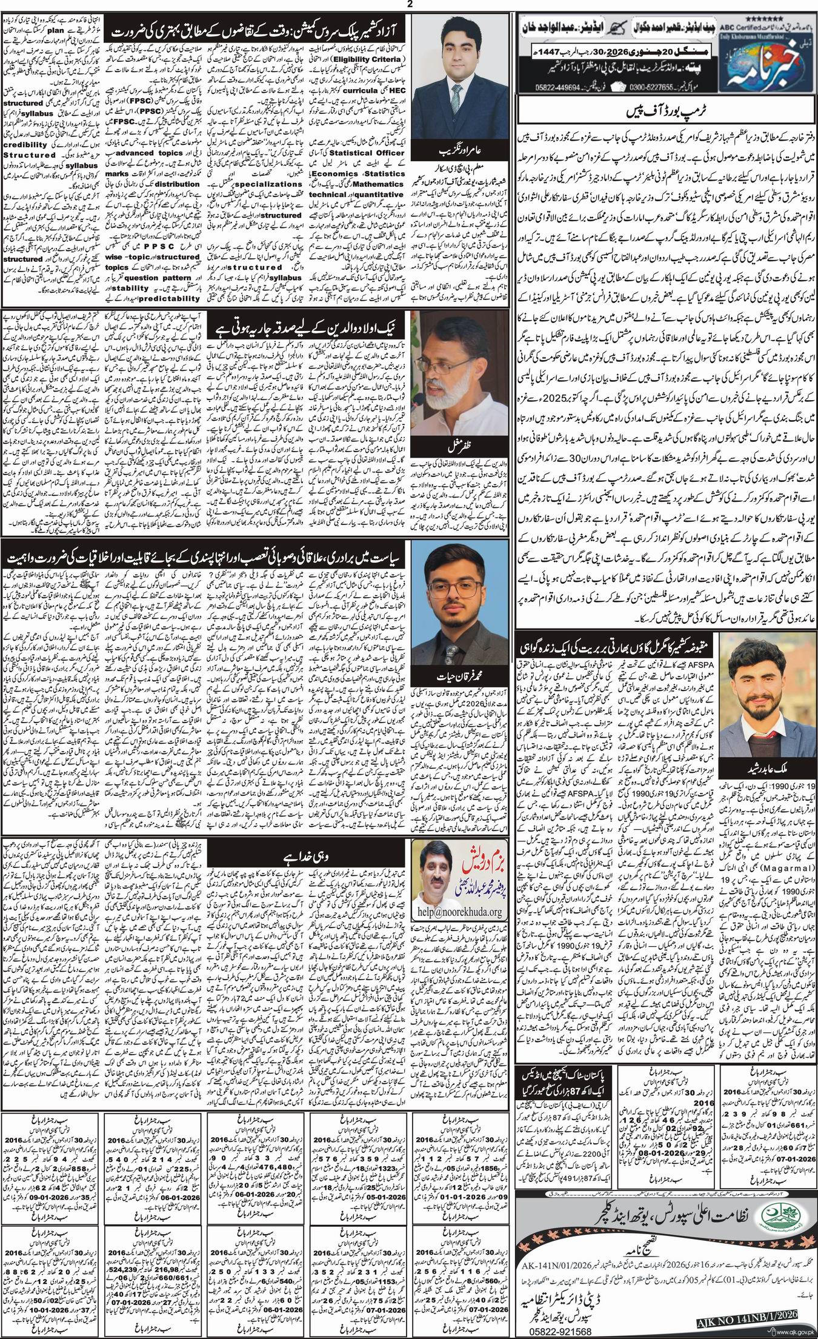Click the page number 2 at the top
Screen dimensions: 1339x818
(409, 4)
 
